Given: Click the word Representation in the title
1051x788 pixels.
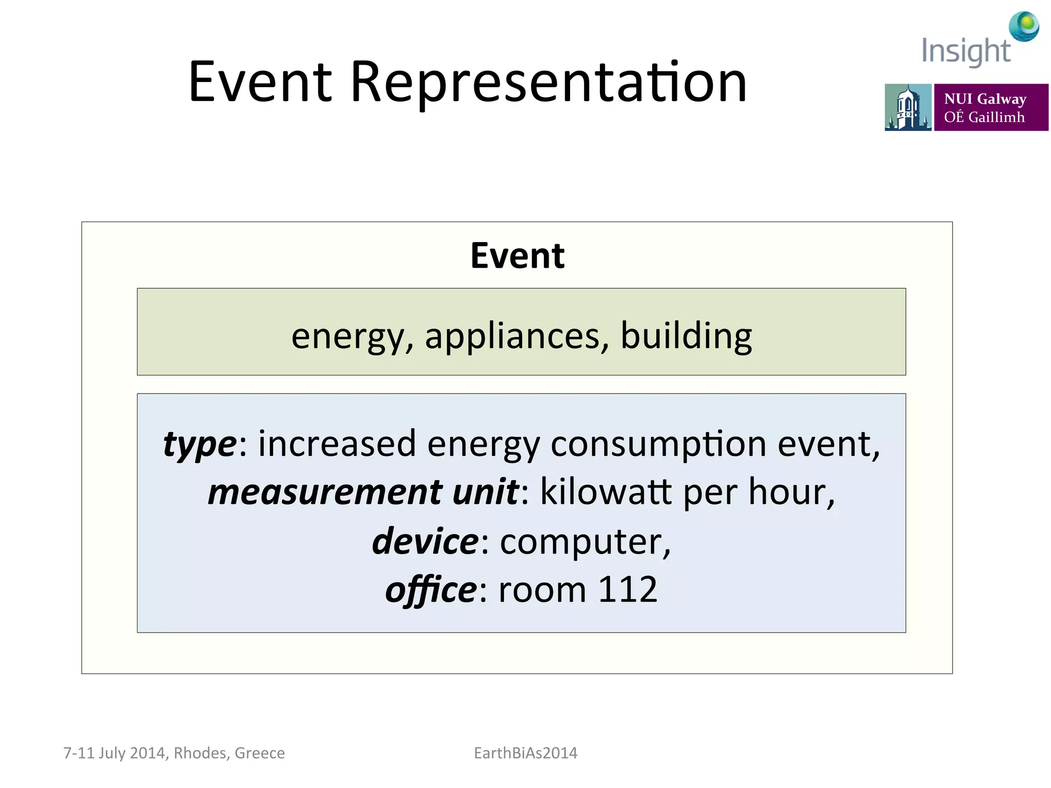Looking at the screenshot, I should click(x=548, y=82).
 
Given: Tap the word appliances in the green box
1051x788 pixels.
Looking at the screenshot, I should click(x=512, y=336).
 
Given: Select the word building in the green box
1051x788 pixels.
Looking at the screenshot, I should click(x=686, y=336).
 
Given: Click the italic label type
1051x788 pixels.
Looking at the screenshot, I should click(x=200, y=444).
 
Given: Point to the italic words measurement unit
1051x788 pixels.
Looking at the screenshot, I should click(x=363, y=492).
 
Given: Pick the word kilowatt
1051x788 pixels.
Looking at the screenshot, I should click(x=606, y=492).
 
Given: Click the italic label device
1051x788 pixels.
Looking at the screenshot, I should click(x=425, y=541).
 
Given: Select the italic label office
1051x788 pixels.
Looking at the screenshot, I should click(x=431, y=590).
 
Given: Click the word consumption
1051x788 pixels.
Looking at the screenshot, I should click(x=658, y=444).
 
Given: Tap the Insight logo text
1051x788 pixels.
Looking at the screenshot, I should click(x=965, y=51).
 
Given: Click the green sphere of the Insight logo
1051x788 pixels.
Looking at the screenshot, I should click(x=1027, y=23).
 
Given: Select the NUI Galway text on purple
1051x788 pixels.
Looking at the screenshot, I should click(x=985, y=98).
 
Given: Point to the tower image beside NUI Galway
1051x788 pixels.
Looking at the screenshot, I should click(x=907, y=107).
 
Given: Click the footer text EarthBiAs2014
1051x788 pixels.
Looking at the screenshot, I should click(x=525, y=753).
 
